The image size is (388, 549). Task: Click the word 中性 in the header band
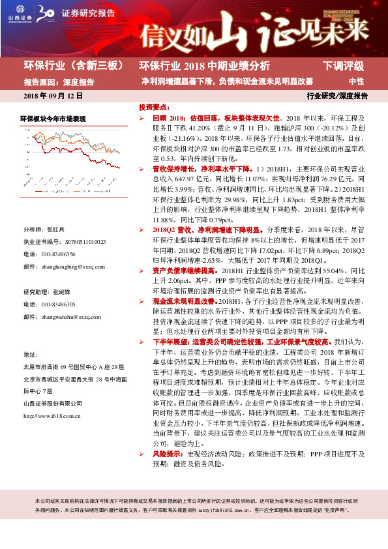coord(356,82)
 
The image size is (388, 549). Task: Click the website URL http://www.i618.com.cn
coord(52,397)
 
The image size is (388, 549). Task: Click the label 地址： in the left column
coord(31,354)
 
